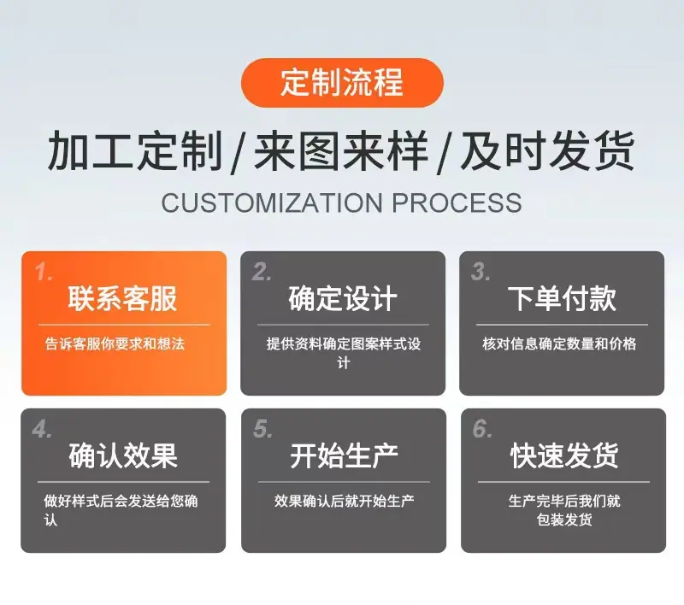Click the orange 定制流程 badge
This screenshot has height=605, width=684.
(x=342, y=82)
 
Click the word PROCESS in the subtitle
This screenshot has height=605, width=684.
(x=457, y=203)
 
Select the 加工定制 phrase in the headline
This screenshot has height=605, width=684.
(x=135, y=150)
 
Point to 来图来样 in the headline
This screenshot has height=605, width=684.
(x=341, y=150)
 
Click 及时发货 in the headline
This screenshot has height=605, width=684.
(x=548, y=150)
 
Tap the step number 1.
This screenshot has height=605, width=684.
(x=44, y=273)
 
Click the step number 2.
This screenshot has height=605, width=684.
(x=262, y=272)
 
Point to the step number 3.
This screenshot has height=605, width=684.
(x=481, y=272)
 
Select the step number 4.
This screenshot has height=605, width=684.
(x=42, y=429)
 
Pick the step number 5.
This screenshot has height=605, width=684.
(x=263, y=429)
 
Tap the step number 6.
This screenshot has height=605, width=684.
(x=482, y=429)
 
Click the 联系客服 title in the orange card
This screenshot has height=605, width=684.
(x=122, y=299)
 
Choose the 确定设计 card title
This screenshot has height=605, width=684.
(x=343, y=299)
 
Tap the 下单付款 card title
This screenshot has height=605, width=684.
(x=562, y=299)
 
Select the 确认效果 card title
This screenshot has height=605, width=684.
(x=123, y=456)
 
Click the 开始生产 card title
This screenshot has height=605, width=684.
(x=344, y=456)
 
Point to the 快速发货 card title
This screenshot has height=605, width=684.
(x=563, y=456)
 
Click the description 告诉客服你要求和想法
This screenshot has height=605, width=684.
(x=115, y=344)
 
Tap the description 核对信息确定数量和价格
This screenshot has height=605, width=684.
(x=560, y=344)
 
